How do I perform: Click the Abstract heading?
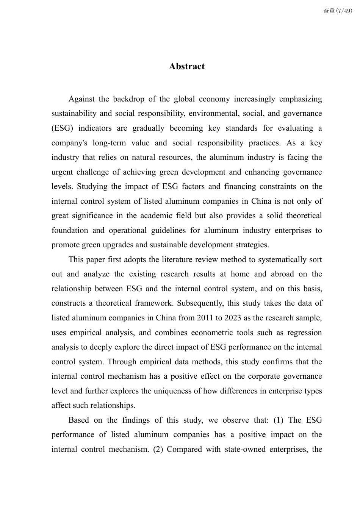click(186, 66)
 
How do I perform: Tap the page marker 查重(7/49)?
click(337, 11)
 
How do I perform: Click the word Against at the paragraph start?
click(81, 99)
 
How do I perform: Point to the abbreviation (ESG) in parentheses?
click(61, 128)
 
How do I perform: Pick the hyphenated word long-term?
click(109, 143)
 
